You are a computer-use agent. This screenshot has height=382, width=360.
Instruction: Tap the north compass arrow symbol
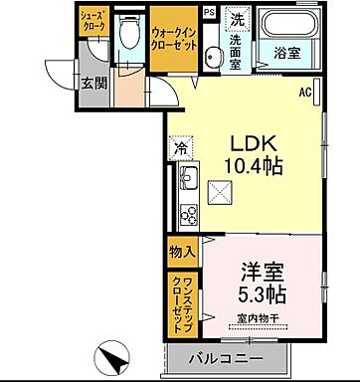[x=111, y=356]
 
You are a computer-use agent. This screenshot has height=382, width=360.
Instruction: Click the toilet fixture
[x=126, y=37]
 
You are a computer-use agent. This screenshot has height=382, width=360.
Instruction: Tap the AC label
[x=306, y=94]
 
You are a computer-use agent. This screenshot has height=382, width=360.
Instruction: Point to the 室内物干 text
[x=258, y=319]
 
